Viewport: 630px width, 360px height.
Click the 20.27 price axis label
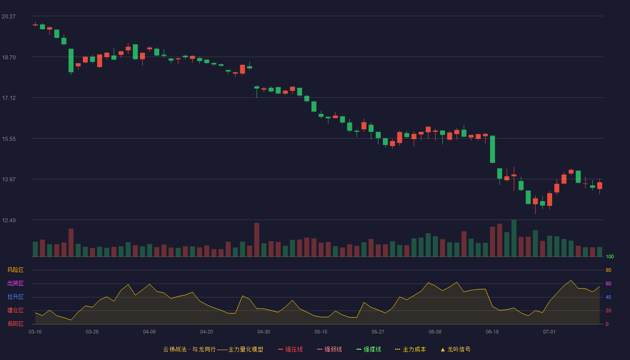tap(9, 17)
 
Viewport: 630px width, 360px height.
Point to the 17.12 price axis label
tap(9, 98)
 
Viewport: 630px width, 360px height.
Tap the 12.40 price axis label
tap(9, 220)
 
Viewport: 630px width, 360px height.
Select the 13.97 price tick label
tap(9, 179)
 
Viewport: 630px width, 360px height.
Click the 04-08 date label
tap(149, 332)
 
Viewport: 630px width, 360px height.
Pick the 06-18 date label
tap(492, 332)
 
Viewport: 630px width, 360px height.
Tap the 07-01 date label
tap(549, 332)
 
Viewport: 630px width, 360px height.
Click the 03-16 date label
tap(35, 332)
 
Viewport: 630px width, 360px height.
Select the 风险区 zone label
tap(15, 270)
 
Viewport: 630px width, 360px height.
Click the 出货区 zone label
tap(15, 283)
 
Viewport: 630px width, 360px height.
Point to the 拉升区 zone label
tap(15, 297)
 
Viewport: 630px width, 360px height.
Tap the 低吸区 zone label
tap(15, 324)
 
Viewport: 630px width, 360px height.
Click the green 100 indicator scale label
tap(610, 256)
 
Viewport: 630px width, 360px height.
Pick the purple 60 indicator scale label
tap(608, 283)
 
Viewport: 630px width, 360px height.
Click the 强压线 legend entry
tap(290, 349)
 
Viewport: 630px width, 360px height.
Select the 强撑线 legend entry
tap(369, 349)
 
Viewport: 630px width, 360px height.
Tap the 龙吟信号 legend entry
tap(455, 349)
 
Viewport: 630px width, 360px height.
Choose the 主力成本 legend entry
tap(410, 349)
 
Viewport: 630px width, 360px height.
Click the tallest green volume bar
tap(514, 238)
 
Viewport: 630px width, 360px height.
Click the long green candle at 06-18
tap(492, 149)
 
